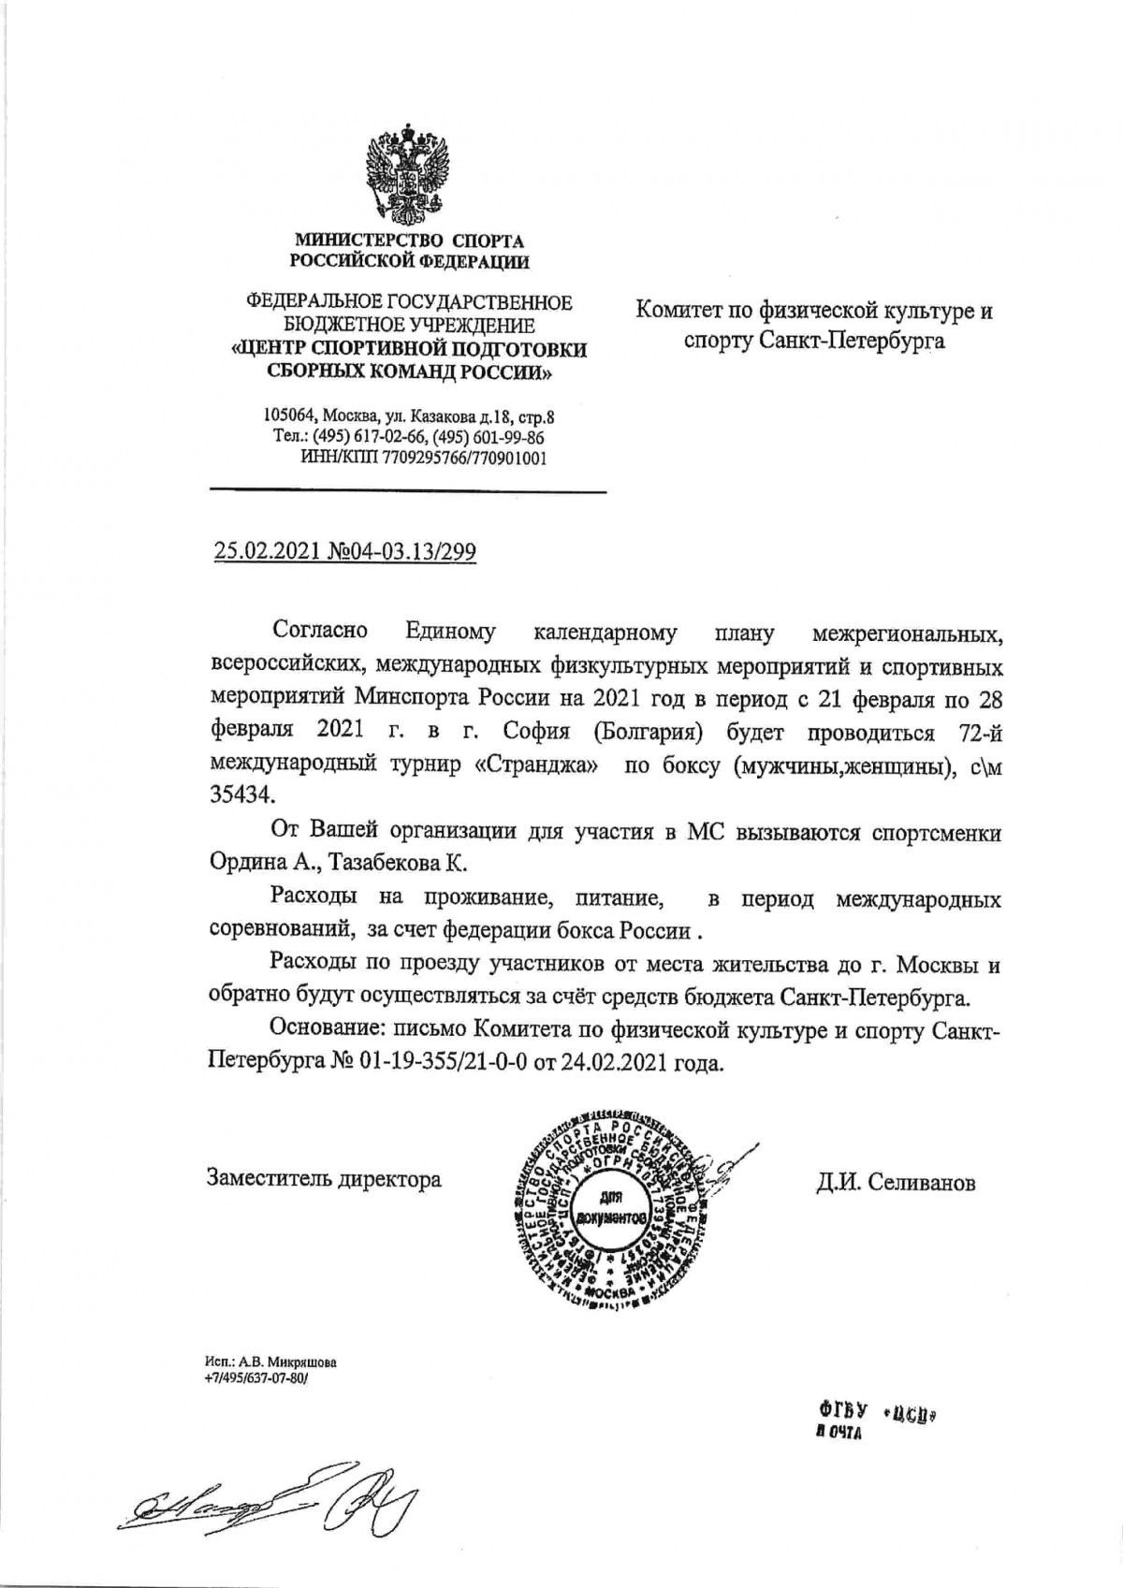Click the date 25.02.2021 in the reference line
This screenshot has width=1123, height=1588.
268,552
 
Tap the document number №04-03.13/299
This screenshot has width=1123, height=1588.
402,552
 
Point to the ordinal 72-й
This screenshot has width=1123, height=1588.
979,730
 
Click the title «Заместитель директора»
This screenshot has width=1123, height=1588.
324,1179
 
